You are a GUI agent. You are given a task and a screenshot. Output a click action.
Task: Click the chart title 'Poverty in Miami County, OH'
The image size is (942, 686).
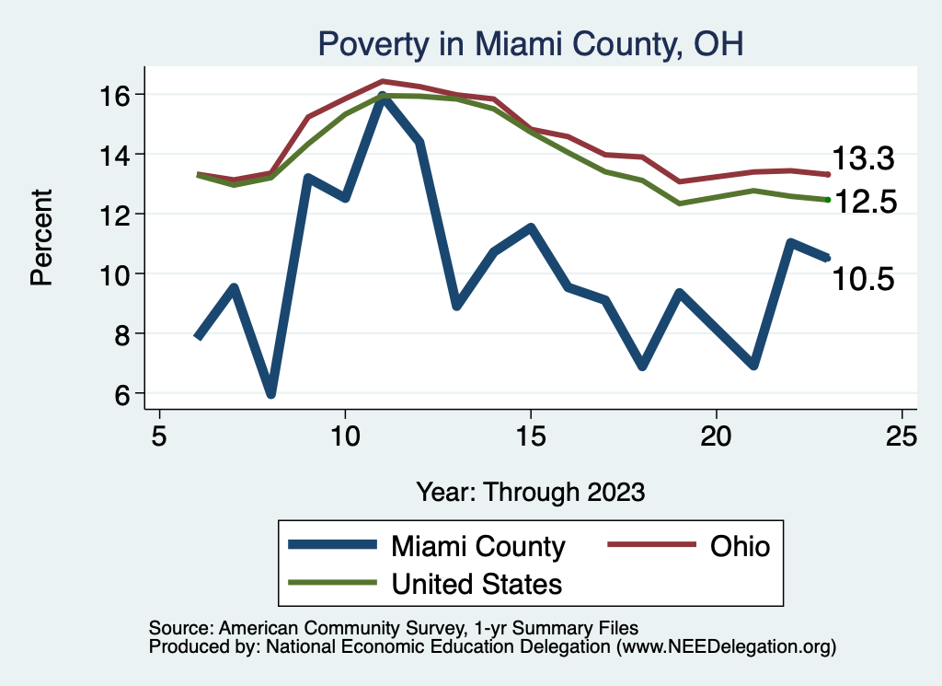pos(530,43)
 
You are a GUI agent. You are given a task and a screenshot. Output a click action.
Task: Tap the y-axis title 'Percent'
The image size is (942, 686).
pos(41,237)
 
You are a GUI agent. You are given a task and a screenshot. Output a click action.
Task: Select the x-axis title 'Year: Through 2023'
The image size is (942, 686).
pos(530,491)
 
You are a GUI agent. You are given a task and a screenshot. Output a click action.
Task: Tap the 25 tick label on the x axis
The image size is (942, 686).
pos(902,436)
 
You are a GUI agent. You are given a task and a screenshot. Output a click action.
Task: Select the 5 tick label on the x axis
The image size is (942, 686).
pos(159,436)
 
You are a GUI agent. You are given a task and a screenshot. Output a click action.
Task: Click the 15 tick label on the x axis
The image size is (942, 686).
pos(530,436)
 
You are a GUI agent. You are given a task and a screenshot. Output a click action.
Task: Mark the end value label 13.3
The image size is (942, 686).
pos(864,159)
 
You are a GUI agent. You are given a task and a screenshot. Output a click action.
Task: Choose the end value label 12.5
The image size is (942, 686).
pos(864,202)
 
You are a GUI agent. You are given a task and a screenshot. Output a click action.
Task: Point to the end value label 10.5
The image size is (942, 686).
pos(864,279)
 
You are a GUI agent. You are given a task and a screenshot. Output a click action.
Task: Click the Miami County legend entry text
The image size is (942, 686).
pos(478,546)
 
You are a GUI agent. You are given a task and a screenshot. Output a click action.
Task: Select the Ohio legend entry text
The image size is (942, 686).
pos(740,546)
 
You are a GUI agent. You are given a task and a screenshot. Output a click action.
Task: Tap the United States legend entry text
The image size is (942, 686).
pos(477,584)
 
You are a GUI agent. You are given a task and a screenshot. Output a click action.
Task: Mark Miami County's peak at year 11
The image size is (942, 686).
pos(382,97)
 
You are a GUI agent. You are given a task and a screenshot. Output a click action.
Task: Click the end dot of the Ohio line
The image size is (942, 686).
pos(828,174)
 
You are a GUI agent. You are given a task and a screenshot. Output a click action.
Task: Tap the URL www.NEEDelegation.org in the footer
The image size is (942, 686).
pos(725,646)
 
